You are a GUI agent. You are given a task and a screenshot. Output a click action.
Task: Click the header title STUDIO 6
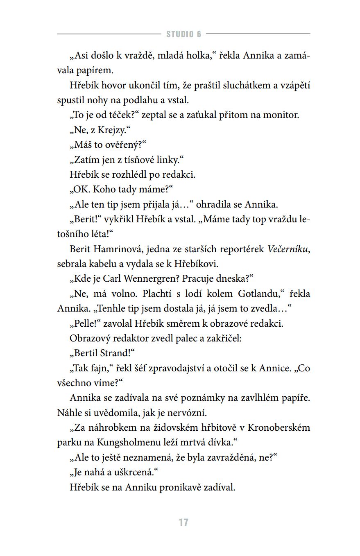tap(183, 34)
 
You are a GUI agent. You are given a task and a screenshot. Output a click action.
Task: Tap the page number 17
tap(183, 522)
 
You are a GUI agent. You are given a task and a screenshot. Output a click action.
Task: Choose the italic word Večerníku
tap(289, 249)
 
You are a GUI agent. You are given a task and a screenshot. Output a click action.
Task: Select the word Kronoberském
tap(279, 427)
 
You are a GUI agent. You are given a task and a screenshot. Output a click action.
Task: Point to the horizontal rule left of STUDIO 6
tap(109, 34)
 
